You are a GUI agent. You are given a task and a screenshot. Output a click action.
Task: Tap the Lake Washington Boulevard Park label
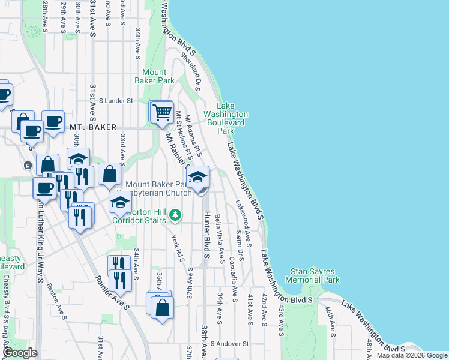[x=226, y=118]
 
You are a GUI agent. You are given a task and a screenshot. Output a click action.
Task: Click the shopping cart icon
[x=161, y=112]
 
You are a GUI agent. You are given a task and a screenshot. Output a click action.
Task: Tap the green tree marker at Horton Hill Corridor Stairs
[x=175, y=214]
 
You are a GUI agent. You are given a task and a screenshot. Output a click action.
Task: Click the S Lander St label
[x=116, y=101]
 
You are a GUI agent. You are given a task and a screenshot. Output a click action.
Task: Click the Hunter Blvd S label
[x=206, y=235]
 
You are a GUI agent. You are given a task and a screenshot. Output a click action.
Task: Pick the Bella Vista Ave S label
[x=220, y=235]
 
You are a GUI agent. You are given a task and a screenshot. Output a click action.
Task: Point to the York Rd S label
[x=176, y=245]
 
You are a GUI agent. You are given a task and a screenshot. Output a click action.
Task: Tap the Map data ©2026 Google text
[x=412, y=355]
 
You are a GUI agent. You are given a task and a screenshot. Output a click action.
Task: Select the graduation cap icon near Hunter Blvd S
[x=197, y=178]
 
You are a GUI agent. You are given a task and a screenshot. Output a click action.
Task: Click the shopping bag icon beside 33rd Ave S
[x=110, y=175]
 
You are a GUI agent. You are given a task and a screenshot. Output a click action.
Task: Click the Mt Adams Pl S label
[x=192, y=133]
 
